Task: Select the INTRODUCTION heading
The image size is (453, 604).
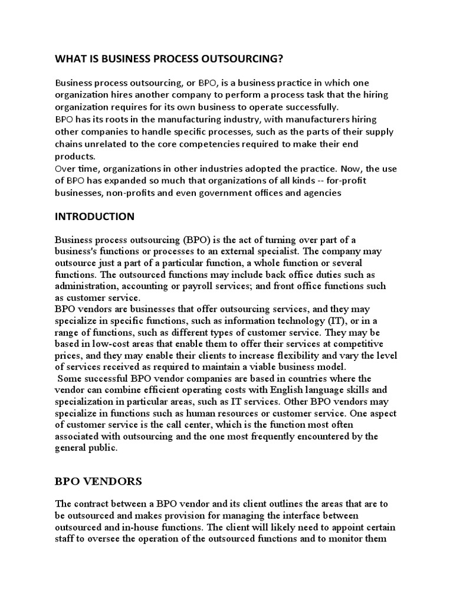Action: coord(94,216)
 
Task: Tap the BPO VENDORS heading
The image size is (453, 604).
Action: coord(98,481)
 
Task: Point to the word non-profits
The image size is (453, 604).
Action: coord(140,192)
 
